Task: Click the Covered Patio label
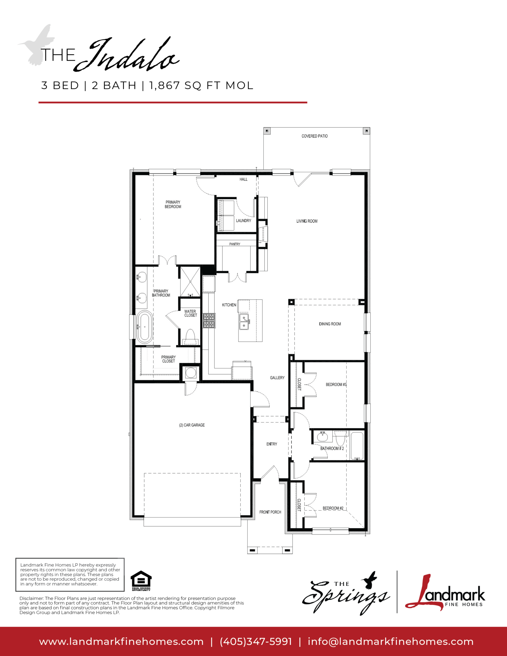tap(314, 136)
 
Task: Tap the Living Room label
tap(307, 221)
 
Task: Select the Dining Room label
tap(330, 324)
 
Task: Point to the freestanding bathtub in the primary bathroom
tap(144, 327)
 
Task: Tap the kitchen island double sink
tap(244, 322)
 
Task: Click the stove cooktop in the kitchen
tap(209, 321)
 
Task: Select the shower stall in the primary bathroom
tap(190, 282)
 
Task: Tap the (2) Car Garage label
tap(192, 425)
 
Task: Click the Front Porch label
tap(270, 512)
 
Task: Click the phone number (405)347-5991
tap(256, 641)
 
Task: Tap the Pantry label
tap(235, 244)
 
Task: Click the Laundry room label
tap(244, 221)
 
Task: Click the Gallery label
tap(277, 378)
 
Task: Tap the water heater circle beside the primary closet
tap(191, 373)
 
